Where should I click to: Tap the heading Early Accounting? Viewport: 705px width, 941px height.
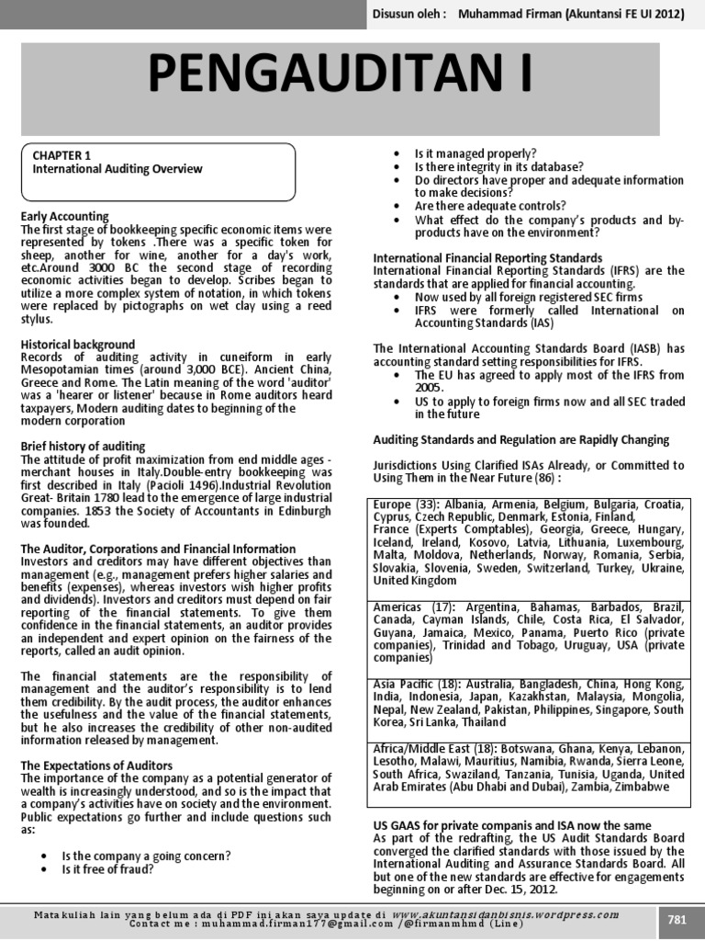(x=64, y=216)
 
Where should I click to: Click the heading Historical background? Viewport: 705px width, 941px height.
(x=78, y=344)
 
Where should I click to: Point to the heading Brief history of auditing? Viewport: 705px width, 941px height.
(x=84, y=446)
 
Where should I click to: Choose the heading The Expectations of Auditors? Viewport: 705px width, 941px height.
(x=96, y=765)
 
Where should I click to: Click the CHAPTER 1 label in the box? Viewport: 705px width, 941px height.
(x=62, y=156)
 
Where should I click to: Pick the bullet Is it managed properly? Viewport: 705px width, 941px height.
(x=476, y=153)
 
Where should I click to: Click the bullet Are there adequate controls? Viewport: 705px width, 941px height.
(x=490, y=206)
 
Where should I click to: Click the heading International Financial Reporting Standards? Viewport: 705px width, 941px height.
(x=487, y=258)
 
